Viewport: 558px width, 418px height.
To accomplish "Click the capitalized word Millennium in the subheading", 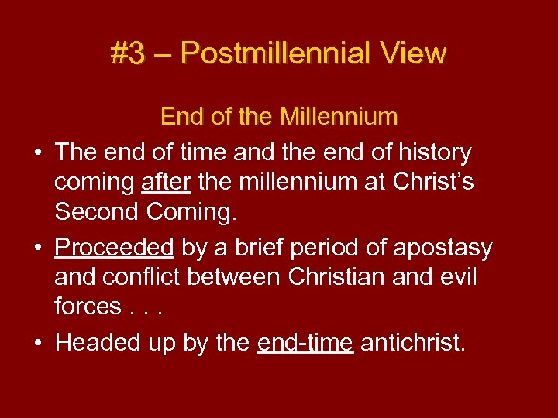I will tap(338, 117).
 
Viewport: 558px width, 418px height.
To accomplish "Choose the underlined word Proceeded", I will tap(114, 248).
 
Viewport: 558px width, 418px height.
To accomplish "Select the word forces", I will tap(88, 307).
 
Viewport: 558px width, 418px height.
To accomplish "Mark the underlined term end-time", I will tap(305, 343).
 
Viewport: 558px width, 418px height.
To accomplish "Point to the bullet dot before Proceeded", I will tap(38, 248).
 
